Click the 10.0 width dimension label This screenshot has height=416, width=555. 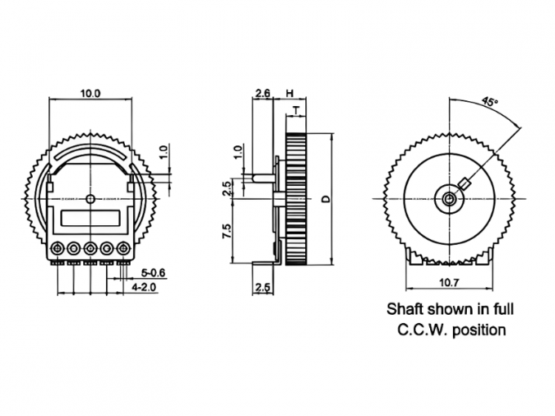(91, 93)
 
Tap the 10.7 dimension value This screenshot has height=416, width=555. (449, 283)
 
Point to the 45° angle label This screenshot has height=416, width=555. (490, 102)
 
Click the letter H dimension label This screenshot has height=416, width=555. (290, 93)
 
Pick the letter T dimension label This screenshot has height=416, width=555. (296, 111)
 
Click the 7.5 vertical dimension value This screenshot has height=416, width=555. (227, 231)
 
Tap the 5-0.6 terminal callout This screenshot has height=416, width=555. (153, 273)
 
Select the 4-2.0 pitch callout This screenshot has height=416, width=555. (144, 287)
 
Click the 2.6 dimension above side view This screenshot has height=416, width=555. (263, 93)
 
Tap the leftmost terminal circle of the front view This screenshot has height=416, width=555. (56, 249)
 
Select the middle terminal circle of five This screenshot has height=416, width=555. (91, 249)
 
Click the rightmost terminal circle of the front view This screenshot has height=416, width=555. (123, 249)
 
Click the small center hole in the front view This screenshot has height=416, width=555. (91, 199)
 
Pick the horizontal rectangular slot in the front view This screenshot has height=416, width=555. (91, 219)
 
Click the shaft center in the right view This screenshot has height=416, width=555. (450, 199)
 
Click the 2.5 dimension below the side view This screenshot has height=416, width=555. (263, 288)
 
